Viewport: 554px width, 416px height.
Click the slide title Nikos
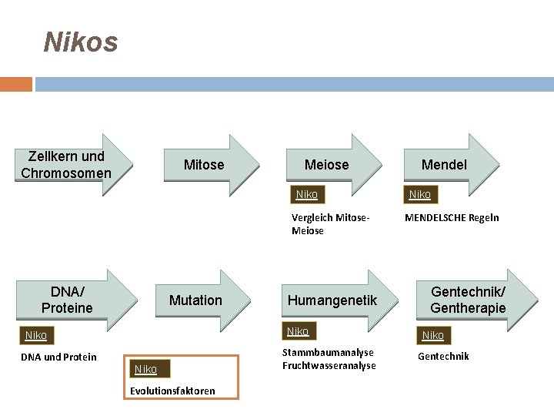(x=81, y=42)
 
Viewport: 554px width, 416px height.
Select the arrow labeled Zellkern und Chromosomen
(x=67, y=165)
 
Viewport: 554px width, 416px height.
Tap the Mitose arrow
(x=204, y=165)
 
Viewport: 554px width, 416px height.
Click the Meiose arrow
(x=327, y=165)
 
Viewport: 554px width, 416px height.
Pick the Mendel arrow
(x=444, y=165)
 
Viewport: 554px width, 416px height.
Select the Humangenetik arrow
(x=332, y=300)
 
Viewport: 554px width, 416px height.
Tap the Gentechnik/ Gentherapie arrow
(x=468, y=300)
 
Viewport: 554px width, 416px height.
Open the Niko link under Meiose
(x=306, y=194)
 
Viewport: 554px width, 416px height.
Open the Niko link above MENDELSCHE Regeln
(x=419, y=194)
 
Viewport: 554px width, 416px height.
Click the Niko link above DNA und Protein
(x=36, y=335)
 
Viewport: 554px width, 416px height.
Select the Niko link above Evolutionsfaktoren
(x=145, y=370)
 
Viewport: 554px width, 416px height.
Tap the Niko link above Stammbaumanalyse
(x=298, y=331)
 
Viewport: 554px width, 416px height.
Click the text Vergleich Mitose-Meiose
(x=331, y=223)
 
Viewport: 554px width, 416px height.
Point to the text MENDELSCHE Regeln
(x=452, y=217)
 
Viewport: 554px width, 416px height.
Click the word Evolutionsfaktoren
(x=172, y=391)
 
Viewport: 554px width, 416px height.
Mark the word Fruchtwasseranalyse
(x=329, y=366)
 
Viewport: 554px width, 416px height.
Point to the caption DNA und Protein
(x=58, y=357)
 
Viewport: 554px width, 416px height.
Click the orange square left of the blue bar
(x=16, y=84)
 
